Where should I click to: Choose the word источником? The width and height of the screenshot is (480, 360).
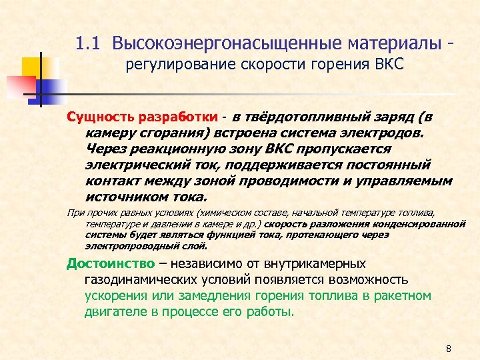[x=124, y=197]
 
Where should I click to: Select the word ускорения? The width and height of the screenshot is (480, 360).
[x=118, y=295]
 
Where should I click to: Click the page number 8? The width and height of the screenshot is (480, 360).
[x=449, y=349]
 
